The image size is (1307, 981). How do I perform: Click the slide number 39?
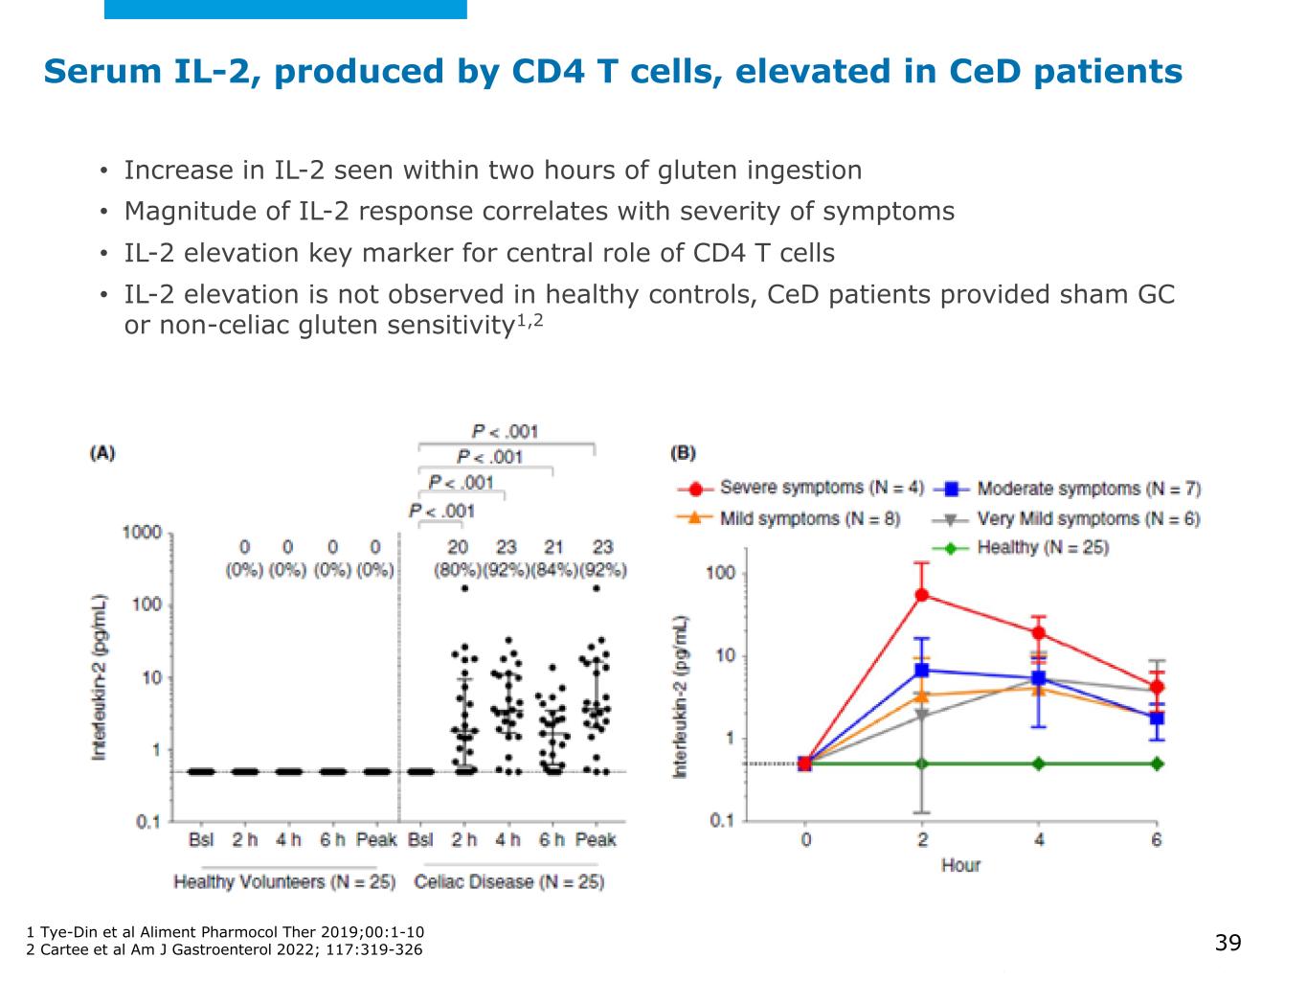[1228, 943]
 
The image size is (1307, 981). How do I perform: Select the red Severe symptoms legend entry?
[800, 488]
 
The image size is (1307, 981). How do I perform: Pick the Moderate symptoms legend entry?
[1067, 489]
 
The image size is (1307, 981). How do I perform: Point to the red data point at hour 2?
[922, 594]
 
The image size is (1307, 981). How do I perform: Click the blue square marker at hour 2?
[922, 670]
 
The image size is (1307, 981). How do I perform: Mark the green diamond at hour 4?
[1039, 764]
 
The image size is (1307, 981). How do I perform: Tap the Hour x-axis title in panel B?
[960, 865]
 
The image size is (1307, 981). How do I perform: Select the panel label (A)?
[102, 453]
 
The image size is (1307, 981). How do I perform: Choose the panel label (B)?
[683, 453]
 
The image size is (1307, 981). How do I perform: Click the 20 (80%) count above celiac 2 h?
[459, 558]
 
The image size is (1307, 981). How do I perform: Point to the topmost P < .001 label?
[505, 432]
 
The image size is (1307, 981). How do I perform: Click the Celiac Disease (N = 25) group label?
[508, 881]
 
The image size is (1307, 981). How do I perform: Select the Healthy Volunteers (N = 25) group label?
[284, 881]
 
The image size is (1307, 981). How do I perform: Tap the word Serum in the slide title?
[101, 71]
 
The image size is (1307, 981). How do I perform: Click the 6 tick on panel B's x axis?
[1157, 840]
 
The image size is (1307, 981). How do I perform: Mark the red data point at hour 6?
[1157, 686]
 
